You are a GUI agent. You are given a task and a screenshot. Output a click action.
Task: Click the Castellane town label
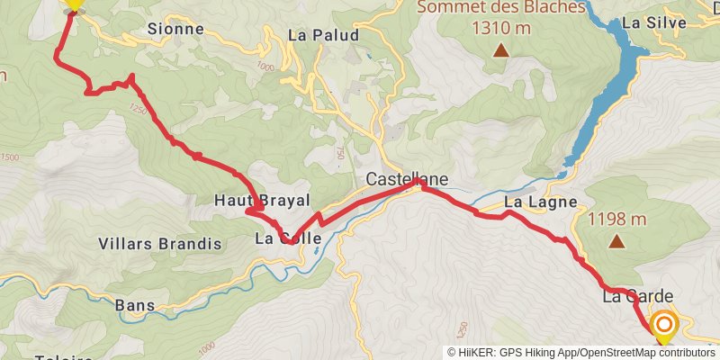407,179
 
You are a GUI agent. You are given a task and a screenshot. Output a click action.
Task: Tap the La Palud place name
324,36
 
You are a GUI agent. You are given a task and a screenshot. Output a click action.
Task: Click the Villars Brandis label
158,244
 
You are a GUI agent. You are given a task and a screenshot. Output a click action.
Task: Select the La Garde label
637,295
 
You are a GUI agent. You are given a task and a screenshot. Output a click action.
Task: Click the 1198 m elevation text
617,219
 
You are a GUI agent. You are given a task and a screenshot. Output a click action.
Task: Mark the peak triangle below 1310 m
500,50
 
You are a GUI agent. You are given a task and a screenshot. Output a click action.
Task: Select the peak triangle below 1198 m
617,241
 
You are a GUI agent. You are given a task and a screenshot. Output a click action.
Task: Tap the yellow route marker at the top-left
74,4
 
